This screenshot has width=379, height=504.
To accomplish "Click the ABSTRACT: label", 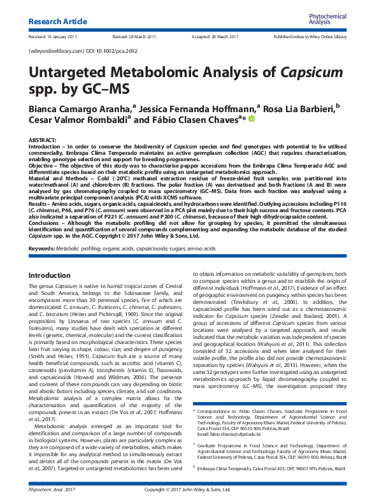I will click(43, 140).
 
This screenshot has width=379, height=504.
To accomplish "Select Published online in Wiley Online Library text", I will click(310, 38).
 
